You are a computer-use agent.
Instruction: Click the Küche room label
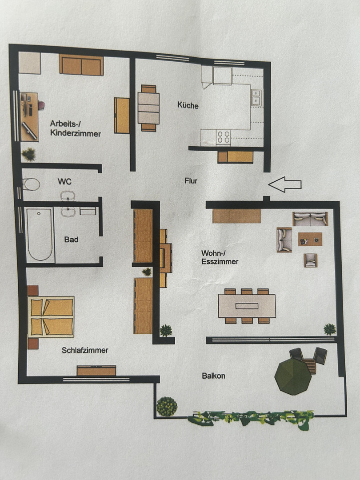click(x=188, y=105)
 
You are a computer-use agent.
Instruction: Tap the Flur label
click(x=191, y=181)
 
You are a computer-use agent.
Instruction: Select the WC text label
click(x=64, y=181)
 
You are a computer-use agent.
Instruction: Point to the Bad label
click(x=71, y=240)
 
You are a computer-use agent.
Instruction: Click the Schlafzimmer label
click(x=85, y=350)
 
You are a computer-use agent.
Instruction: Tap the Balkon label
click(x=213, y=376)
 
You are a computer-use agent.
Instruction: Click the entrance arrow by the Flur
click(x=285, y=184)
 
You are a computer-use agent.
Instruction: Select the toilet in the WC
click(x=31, y=184)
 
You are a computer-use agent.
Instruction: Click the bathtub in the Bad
click(x=40, y=235)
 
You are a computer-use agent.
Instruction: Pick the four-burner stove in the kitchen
click(x=224, y=137)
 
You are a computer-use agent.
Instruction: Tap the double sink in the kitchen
click(x=256, y=98)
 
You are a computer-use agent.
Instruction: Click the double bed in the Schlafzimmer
click(x=51, y=316)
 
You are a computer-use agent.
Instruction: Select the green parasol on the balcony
click(x=293, y=376)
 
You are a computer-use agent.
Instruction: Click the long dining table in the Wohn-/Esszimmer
click(x=247, y=306)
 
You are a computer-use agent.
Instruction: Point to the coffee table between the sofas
click(x=310, y=239)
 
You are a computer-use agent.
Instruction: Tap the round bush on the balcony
click(x=167, y=407)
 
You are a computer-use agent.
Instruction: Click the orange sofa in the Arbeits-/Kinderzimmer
click(x=81, y=65)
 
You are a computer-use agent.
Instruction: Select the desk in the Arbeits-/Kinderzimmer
click(x=29, y=116)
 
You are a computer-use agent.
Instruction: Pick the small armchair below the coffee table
click(x=310, y=260)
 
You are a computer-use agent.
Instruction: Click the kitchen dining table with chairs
click(x=148, y=108)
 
